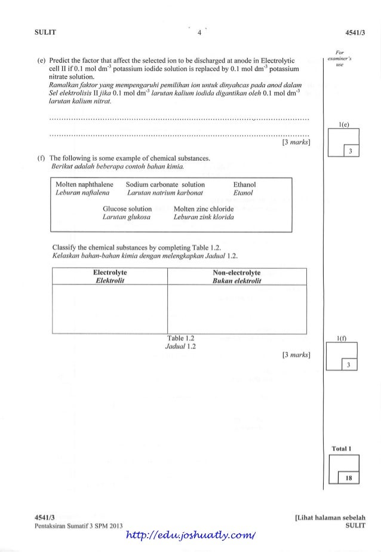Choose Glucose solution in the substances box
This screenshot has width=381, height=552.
[127, 209]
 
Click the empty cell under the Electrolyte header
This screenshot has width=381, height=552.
[110, 308]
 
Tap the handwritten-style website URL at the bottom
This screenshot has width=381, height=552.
[189, 542]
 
